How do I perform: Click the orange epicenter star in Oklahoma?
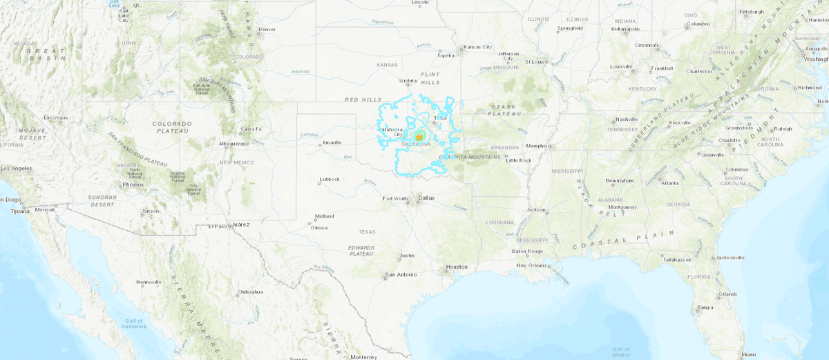pos(419,137)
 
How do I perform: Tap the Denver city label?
pos(267,30)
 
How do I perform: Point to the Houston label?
pos(456,267)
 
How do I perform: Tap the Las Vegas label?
pos(57,117)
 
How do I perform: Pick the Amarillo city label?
pos(332,143)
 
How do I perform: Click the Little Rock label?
pos(519,160)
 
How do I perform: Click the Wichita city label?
pos(408,81)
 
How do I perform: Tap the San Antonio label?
pos(401,275)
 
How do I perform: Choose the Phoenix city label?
pos(133,184)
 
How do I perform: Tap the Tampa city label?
pos(705,307)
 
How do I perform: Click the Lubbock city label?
pos(329,180)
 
